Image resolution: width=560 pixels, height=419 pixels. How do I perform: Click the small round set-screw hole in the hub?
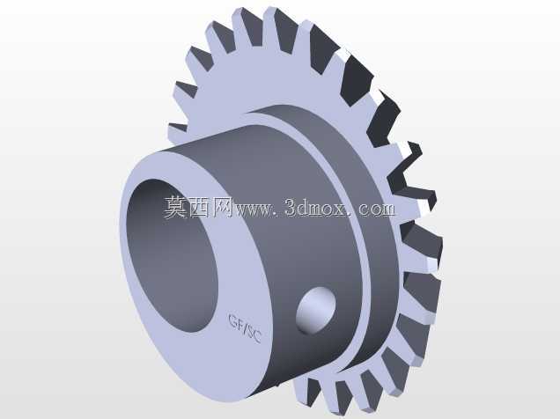pyautogui.click(x=316, y=310)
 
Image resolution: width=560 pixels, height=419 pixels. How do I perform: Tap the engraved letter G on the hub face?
pyautogui.click(x=233, y=320)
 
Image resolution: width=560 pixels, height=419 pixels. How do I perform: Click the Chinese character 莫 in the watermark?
pyautogui.click(x=175, y=207)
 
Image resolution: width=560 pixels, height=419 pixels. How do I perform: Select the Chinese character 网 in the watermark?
pyautogui.click(x=222, y=207)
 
